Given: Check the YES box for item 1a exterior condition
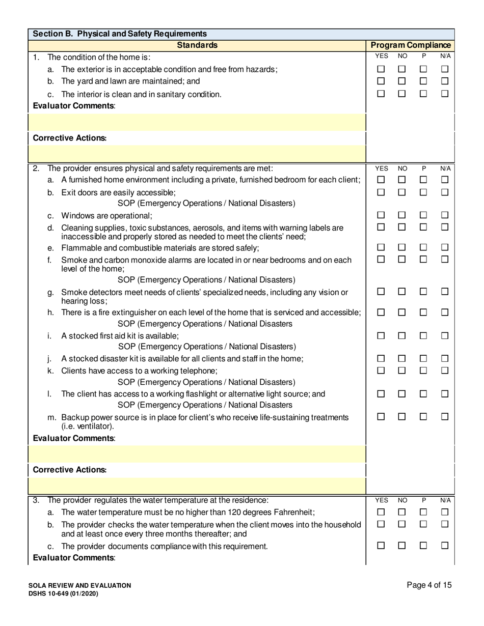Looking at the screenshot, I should pos(381,69).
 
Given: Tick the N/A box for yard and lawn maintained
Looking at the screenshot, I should pos(444,81).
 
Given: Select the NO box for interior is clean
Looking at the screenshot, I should pos(401,94).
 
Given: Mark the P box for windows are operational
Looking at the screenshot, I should pos(423,215).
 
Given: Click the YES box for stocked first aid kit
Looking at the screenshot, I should pos(381,336).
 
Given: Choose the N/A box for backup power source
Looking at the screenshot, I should pos(444,417).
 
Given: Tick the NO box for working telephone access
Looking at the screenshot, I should pos(401,371).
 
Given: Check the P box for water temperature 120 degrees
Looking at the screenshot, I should pos(423,512).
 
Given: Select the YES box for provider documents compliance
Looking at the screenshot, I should pos(381,546).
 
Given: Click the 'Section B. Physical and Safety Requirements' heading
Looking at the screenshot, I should pos(120,34).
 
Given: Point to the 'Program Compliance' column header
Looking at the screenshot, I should pos(410,45).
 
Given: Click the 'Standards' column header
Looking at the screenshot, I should pos(197,45).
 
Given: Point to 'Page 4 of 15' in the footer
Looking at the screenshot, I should pos(429,585).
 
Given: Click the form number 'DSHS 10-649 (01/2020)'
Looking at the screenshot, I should pos(64,593).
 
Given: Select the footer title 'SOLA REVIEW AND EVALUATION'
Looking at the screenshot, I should pos(80,585).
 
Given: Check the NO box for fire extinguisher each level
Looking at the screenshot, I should pos(401,312).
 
